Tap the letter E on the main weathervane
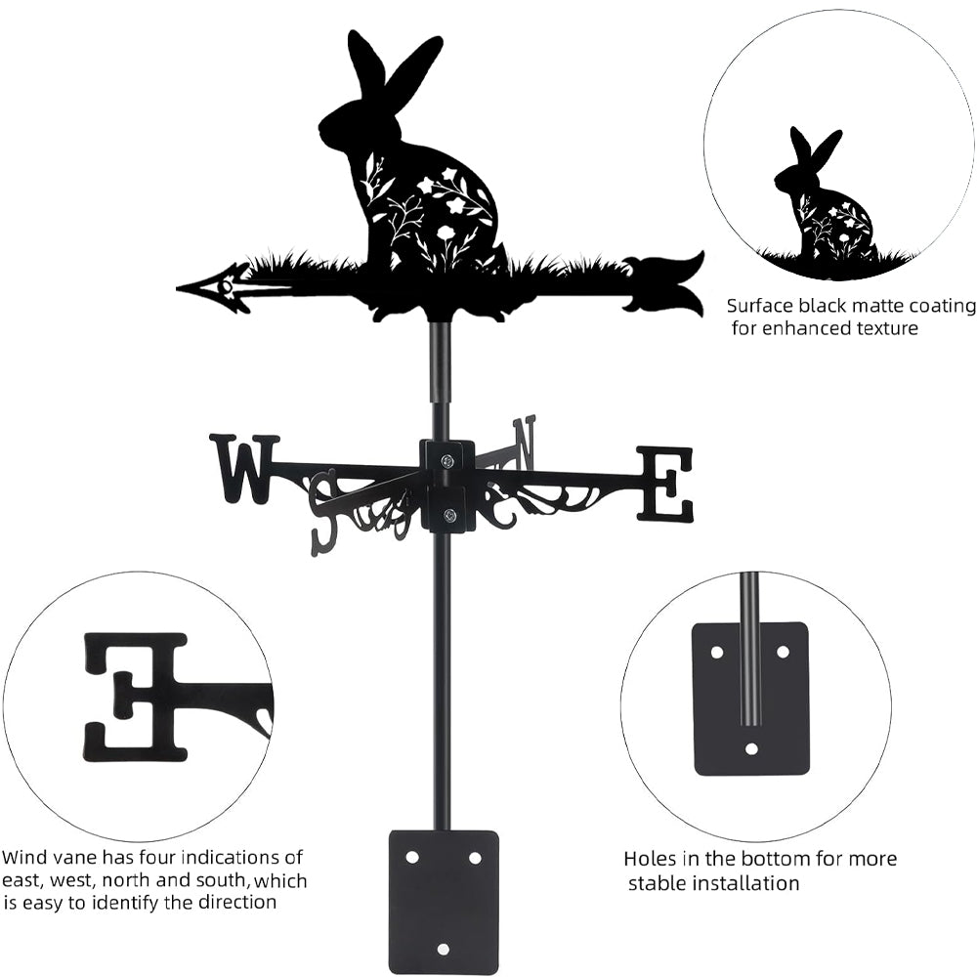(x=664, y=484)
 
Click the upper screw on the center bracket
(x=446, y=461)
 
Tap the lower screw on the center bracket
(x=447, y=514)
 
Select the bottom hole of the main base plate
(x=443, y=950)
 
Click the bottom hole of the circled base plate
(x=751, y=749)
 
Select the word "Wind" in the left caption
(x=24, y=858)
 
